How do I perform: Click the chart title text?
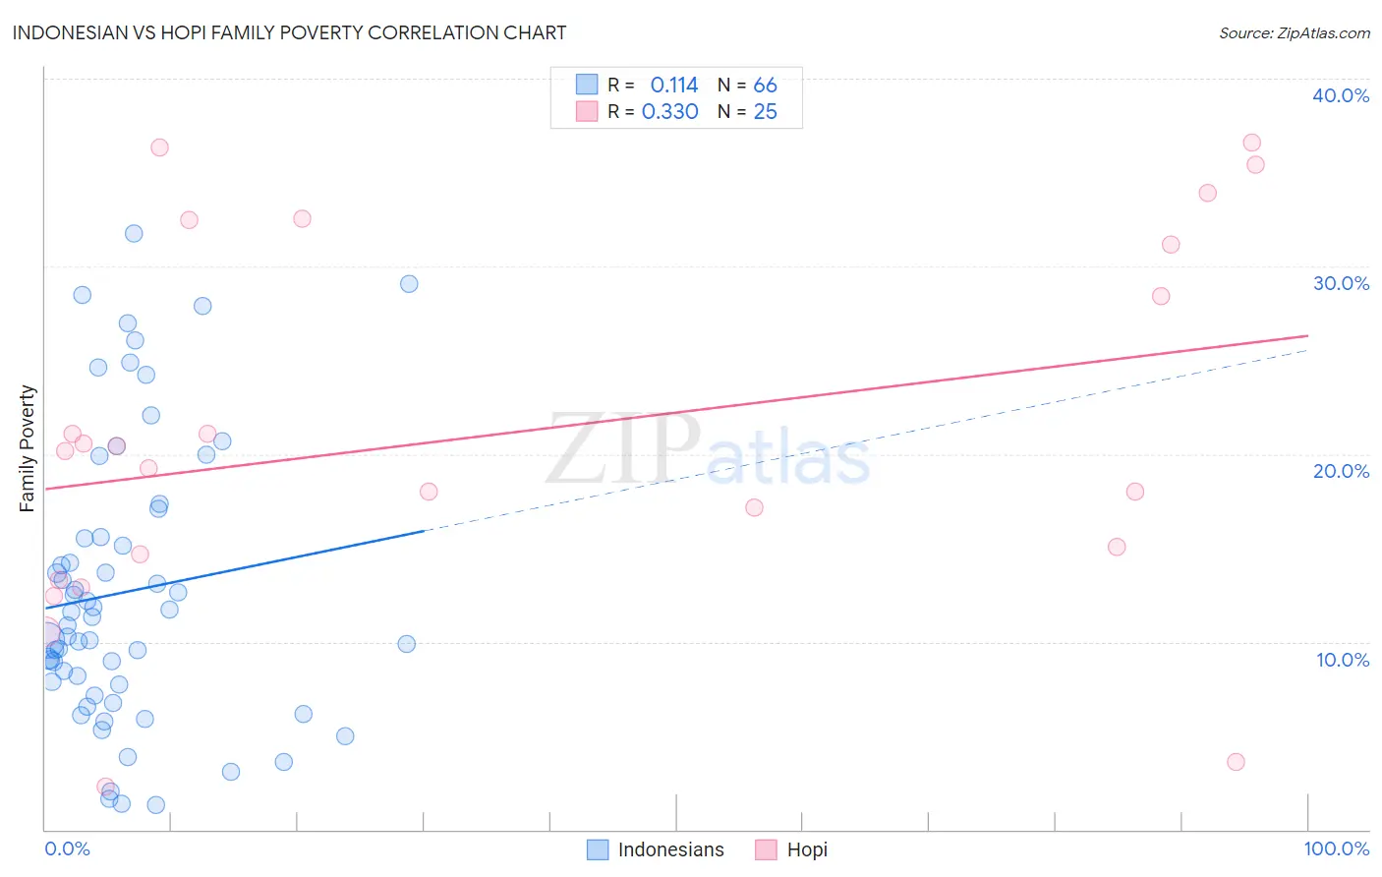289,32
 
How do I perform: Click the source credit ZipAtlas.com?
1294,32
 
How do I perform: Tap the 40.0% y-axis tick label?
1341,95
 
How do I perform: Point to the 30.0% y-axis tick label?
1341,283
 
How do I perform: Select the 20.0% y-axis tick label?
1341,471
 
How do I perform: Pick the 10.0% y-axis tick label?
1343,660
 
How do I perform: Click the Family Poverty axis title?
28,448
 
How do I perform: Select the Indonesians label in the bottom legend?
670,849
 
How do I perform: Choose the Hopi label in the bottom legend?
807,849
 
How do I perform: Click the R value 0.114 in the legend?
673,86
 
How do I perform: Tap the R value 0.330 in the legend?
669,112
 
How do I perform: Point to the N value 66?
765,86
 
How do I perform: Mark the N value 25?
765,112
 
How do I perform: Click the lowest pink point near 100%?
1236,762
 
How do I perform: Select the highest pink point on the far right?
1251,143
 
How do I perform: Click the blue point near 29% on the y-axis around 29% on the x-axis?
409,284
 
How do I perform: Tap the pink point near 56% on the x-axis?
754,507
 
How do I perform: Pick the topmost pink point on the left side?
159,147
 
